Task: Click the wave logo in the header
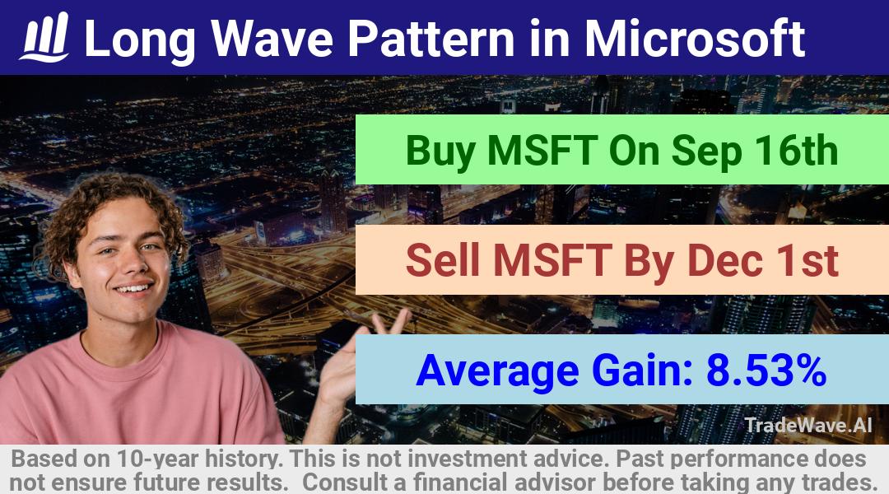click(45, 37)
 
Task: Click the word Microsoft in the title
click(695, 38)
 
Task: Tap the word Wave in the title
click(272, 39)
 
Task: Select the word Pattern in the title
click(431, 39)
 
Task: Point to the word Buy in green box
click(440, 151)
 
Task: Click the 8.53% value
click(766, 370)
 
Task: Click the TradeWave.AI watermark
click(808, 425)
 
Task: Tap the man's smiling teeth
click(134, 289)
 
